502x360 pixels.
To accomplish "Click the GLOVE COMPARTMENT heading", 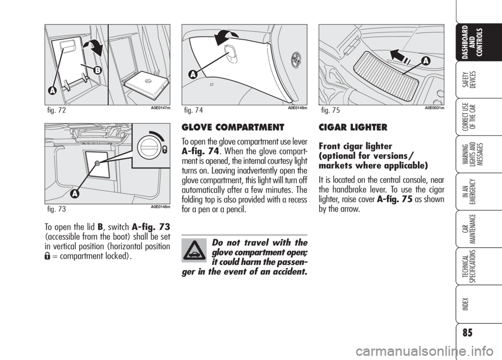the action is point(233,127).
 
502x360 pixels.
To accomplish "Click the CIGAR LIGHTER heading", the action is point(353,127).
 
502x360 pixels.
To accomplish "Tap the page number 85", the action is point(467,333).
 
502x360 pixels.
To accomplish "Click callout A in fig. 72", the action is point(52,91).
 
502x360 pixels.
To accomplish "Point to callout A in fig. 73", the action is point(75,194).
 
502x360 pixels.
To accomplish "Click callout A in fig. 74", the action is point(193,74).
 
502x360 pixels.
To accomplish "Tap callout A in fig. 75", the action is point(426,61).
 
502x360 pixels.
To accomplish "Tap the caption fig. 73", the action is point(56,210).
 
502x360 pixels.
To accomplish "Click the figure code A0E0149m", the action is point(298,108).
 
